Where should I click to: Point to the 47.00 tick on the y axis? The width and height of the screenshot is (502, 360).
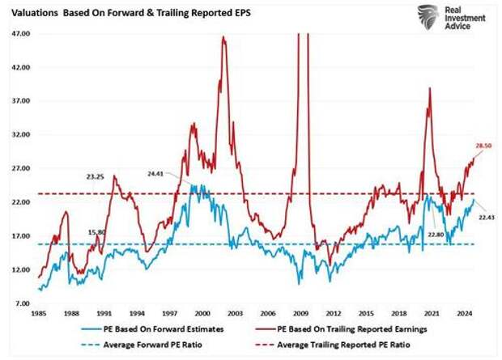point(20,34)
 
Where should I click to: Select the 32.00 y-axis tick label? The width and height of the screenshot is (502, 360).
point(20,134)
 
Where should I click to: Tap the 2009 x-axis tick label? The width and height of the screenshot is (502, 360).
point(300,311)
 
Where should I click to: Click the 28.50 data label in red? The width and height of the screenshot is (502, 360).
point(483,144)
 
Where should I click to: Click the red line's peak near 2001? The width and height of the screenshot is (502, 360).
point(223,37)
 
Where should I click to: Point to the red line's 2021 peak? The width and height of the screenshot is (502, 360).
point(429,87)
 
